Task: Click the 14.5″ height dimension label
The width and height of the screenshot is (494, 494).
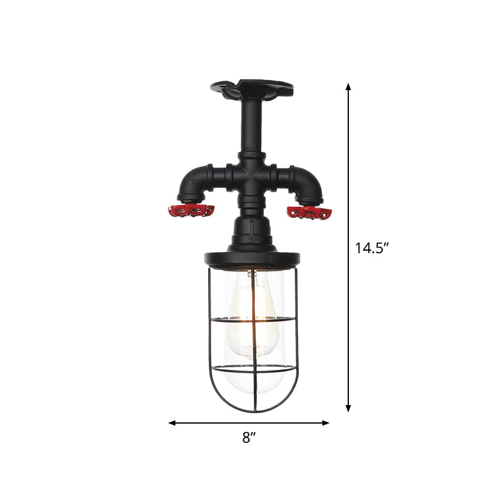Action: pos(371,248)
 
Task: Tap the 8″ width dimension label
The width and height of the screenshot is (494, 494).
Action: pos(248,438)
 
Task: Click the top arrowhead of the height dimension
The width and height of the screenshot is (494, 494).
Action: pos(348,87)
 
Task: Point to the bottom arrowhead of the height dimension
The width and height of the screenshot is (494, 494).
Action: pos(348,408)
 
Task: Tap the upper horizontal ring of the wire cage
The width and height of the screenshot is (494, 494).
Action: pos(251,320)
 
